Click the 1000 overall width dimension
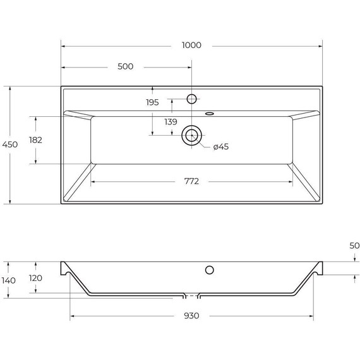click(x=191, y=45)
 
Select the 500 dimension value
click(x=126, y=66)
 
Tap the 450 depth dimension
click(x=10, y=145)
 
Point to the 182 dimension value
click(x=35, y=140)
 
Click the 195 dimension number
click(x=152, y=102)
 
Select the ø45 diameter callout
click(x=220, y=147)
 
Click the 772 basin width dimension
click(x=191, y=181)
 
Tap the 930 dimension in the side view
click(x=191, y=316)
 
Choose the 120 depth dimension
click(x=35, y=278)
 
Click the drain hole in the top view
click(x=191, y=135)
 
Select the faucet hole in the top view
click(x=191, y=99)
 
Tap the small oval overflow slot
click(x=210, y=114)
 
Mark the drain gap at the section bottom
click(x=191, y=295)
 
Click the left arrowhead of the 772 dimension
click(x=93, y=181)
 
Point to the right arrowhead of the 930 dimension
click(x=311, y=316)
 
